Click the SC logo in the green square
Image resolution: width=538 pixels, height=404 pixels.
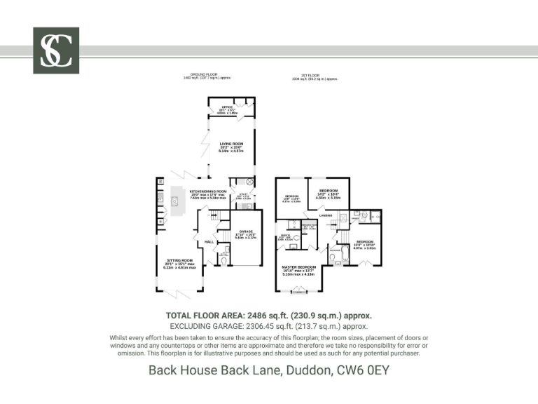56,50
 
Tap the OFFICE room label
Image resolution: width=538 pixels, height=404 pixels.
227,107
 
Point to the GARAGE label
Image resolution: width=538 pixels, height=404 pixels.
245,231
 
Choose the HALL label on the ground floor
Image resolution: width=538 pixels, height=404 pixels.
209,243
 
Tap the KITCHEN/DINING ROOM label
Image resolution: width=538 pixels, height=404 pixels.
208,191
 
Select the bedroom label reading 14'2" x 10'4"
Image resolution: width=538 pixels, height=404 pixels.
329,191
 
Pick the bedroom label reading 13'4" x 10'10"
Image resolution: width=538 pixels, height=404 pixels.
365,242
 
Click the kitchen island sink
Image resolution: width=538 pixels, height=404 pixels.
176,201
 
